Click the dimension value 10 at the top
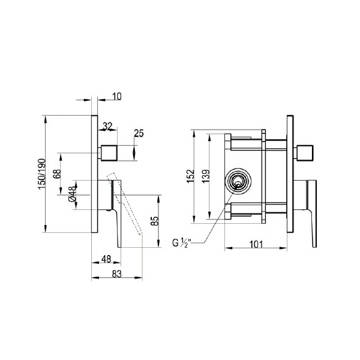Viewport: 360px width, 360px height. tap(117, 97)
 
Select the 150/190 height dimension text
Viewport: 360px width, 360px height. tap(42, 174)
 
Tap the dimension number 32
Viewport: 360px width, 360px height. tap(107, 126)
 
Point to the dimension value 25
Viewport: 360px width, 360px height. tap(139, 133)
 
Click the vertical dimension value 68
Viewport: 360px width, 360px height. tap(57, 174)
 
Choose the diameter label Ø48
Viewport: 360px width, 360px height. tap(72, 194)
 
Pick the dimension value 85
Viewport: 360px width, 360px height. tap(155, 221)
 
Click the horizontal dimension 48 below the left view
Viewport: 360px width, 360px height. tap(106, 259)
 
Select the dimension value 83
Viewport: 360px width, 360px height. tap(116, 274)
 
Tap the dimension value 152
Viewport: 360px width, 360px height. tap(190, 176)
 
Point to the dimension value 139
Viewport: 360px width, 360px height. tap(206, 176)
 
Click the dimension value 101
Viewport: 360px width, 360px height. tap(256, 245)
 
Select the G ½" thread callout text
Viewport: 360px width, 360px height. tap(180, 243)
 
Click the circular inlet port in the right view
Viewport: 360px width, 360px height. tap(238, 181)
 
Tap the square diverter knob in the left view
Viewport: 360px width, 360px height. tap(109, 153)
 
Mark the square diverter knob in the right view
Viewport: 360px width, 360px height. tap(305, 153)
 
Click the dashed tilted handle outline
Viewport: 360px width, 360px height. tap(125, 204)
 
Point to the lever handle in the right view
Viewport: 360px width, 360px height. tap(312, 214)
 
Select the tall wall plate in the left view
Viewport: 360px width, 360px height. tap(94, 174)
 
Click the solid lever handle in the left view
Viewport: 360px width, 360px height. tap(116, 214)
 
